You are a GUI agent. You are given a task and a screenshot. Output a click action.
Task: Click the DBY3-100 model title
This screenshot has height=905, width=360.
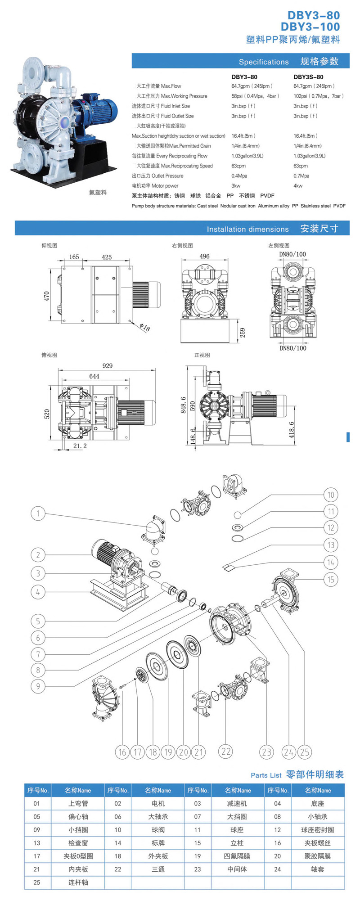[310, 27]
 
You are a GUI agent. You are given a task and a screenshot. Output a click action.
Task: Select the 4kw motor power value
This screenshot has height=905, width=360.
[298, 186]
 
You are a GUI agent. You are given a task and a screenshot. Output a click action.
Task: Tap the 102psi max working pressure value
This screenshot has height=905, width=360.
[318, 96]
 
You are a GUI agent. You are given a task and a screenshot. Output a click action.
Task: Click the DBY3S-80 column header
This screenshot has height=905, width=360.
[308, 77]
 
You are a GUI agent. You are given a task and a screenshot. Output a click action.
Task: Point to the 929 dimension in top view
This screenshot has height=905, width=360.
[107, 366]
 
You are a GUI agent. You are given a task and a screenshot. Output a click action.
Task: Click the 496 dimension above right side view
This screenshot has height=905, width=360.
[204, 256]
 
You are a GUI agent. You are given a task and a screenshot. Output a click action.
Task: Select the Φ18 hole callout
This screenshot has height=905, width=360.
[145, 327]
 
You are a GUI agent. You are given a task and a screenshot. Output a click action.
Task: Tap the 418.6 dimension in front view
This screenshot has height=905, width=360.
[291, 430]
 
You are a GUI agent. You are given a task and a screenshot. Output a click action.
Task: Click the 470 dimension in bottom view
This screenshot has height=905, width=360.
[46, 296]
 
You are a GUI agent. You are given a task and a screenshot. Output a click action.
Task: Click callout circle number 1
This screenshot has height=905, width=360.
[38, 513]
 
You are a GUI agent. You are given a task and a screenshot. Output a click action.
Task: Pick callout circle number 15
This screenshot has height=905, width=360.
[331, 579]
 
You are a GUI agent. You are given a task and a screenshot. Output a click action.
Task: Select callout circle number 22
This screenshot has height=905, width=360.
[226, 751]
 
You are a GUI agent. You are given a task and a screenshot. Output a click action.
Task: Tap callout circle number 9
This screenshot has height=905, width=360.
[38, 686]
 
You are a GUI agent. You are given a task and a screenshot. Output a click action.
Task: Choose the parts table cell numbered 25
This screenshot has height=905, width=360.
[37, 882]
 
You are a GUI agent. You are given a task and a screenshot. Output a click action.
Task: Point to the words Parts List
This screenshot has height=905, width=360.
[265, 775]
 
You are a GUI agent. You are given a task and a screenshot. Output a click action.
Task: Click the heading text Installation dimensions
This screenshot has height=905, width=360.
[247, 229]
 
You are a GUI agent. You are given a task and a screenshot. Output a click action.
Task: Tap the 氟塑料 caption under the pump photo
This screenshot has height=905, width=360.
[98, 192]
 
